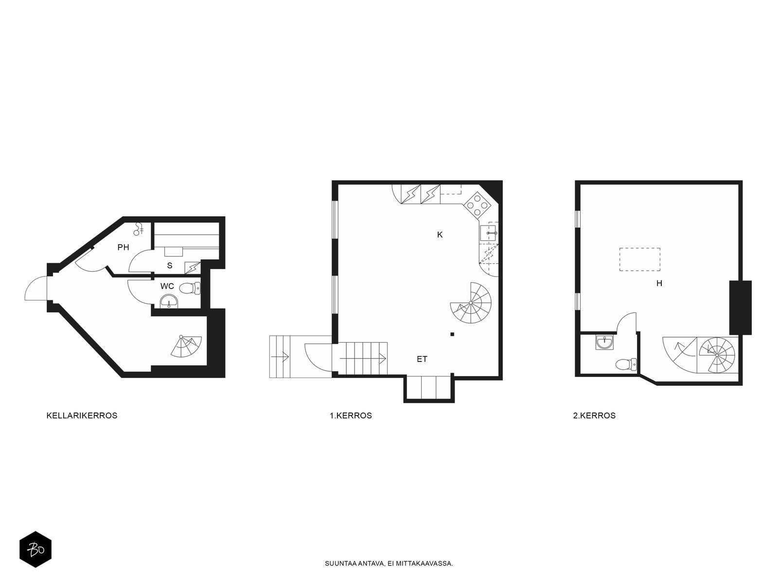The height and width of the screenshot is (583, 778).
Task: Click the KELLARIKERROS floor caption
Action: point(82,415)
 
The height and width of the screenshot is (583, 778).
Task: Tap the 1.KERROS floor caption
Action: point(351,415)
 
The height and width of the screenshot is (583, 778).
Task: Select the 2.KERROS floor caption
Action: point(594,415)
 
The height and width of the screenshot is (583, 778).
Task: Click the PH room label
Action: point(124,247)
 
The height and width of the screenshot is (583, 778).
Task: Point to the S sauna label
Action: point(170,265)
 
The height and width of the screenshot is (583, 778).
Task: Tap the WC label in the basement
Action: point(167,286)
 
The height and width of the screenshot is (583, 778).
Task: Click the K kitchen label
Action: point(440,235)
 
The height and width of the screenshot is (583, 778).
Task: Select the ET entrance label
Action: point(422,360)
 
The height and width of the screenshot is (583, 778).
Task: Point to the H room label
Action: point(659,283)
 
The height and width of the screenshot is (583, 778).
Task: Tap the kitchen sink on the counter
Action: point(489,233)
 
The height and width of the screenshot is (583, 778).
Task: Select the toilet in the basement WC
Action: point(190,289)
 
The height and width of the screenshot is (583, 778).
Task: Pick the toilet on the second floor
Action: point(626,364)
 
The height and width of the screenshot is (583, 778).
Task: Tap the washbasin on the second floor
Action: point(604,343)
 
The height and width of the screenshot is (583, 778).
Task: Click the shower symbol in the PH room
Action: point(138,229)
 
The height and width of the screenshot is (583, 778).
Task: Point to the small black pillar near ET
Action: point(452,334)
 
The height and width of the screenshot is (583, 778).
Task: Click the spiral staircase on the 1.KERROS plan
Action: point(471,303)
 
